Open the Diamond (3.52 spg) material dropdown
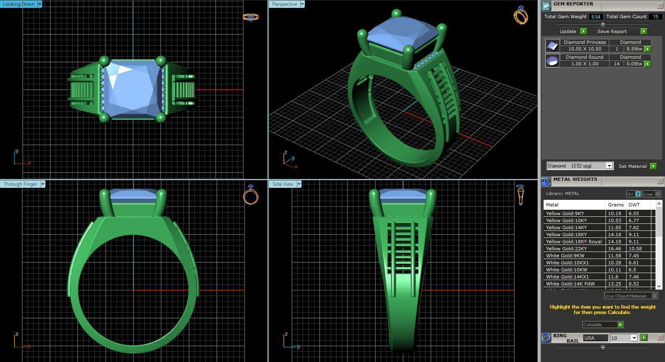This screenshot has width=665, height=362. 609,166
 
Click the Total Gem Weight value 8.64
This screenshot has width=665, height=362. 595,17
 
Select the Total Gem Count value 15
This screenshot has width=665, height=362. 655,17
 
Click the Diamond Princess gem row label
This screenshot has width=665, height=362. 584,42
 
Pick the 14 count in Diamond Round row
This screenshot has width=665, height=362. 616,64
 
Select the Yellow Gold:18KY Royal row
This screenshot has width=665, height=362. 573,242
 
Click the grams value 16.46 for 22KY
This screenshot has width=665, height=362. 614,249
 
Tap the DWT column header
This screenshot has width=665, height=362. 634,205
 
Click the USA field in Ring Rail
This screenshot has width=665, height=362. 595,338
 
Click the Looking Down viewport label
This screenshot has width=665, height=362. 19,4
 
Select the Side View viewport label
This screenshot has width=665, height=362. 283,184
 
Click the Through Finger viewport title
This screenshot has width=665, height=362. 20,184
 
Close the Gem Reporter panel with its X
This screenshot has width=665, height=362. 660,5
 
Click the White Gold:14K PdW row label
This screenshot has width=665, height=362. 570,284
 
